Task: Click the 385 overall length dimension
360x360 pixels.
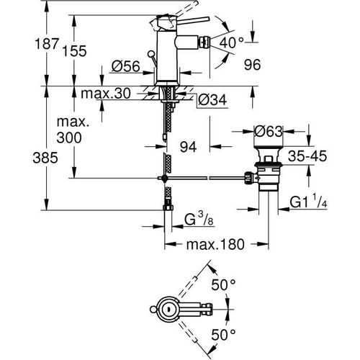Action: point(17,153)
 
